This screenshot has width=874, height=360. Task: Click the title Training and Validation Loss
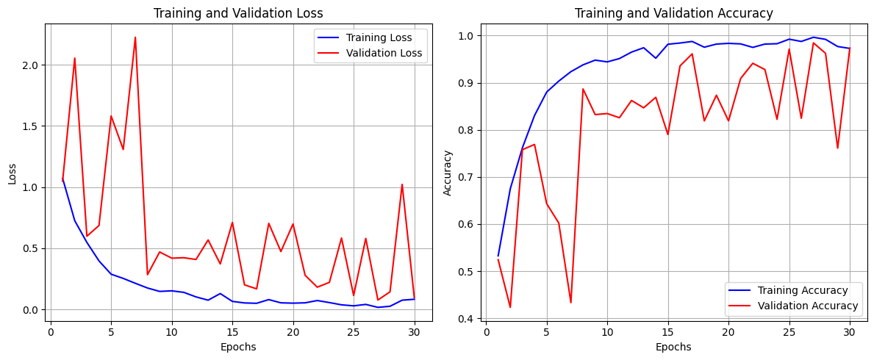click(238, 13)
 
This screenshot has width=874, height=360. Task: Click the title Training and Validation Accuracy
click(673, 13)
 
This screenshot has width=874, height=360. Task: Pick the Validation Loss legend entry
click(383, 53)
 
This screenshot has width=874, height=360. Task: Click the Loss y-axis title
click(12, 173)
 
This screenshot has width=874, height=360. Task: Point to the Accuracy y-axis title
click(448, 173)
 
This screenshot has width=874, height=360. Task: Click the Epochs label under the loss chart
click(238, 347)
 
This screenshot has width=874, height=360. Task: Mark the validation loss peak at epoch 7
click(135, 37)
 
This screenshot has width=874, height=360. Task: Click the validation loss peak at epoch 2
click(74, 58)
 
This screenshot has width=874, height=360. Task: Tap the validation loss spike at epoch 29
click(402, 184)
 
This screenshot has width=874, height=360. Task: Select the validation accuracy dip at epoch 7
click(570, 303)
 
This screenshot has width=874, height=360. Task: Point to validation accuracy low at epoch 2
click(510, 307)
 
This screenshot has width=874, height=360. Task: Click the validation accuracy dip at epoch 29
click(837, 148)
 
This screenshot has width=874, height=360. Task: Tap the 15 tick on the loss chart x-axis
click(232, 331)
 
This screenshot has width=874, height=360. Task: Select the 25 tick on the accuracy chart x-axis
click(789, 331)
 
